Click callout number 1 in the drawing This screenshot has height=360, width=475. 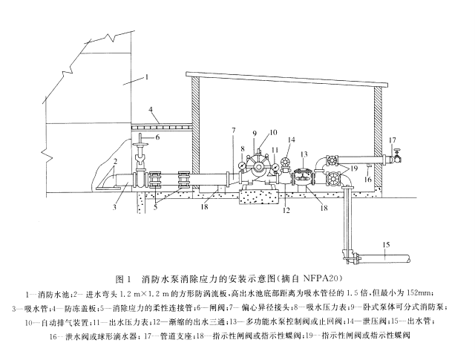point(147,77)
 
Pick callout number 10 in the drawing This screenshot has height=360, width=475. point(274,132)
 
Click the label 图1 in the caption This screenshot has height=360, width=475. point(125,281)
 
